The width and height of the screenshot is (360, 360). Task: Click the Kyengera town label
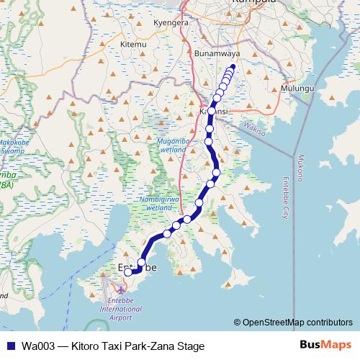[171, 22]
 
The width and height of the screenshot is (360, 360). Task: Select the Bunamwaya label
[217, 54]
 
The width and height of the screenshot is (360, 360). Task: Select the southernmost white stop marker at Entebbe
[128, 272]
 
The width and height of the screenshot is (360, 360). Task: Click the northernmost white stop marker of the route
[232, 70]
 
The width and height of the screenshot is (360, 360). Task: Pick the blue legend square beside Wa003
[10, 346]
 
